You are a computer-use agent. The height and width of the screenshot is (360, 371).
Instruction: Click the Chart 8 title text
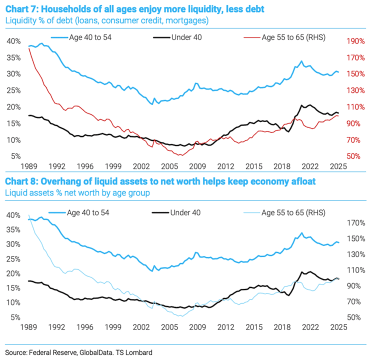[160, 180]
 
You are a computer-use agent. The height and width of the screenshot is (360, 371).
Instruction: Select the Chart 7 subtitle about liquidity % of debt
[106, 20]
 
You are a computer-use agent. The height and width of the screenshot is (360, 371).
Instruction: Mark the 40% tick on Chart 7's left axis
[14, 41]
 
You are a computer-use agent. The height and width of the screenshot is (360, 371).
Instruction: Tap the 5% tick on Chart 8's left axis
[16, 317]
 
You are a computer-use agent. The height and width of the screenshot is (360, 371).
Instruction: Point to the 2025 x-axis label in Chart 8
[338, 327]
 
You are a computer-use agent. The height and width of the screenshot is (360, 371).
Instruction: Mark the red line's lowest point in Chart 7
[181, 155]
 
